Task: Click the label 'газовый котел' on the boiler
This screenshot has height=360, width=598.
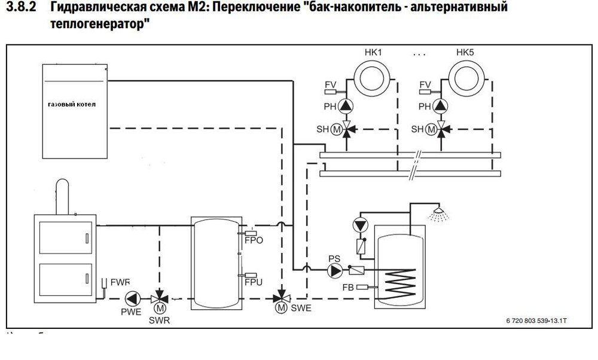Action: coord(71,105)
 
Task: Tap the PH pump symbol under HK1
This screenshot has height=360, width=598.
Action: coord(346,106)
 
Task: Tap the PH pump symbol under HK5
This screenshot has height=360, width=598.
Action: coord(441,106)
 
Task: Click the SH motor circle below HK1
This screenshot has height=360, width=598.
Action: coord(335,129)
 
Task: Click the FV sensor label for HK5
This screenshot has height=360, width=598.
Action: coord(425,84)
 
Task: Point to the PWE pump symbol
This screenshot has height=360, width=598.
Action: coord(132,297)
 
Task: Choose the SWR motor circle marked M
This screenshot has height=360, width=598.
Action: coord(159,308)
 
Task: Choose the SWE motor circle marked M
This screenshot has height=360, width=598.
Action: coord(280,308)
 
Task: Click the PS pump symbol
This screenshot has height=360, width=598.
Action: coord(334,270)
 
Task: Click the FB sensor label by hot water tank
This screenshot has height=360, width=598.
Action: coord(347,288)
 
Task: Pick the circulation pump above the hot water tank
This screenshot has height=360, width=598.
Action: coord(359,225)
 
